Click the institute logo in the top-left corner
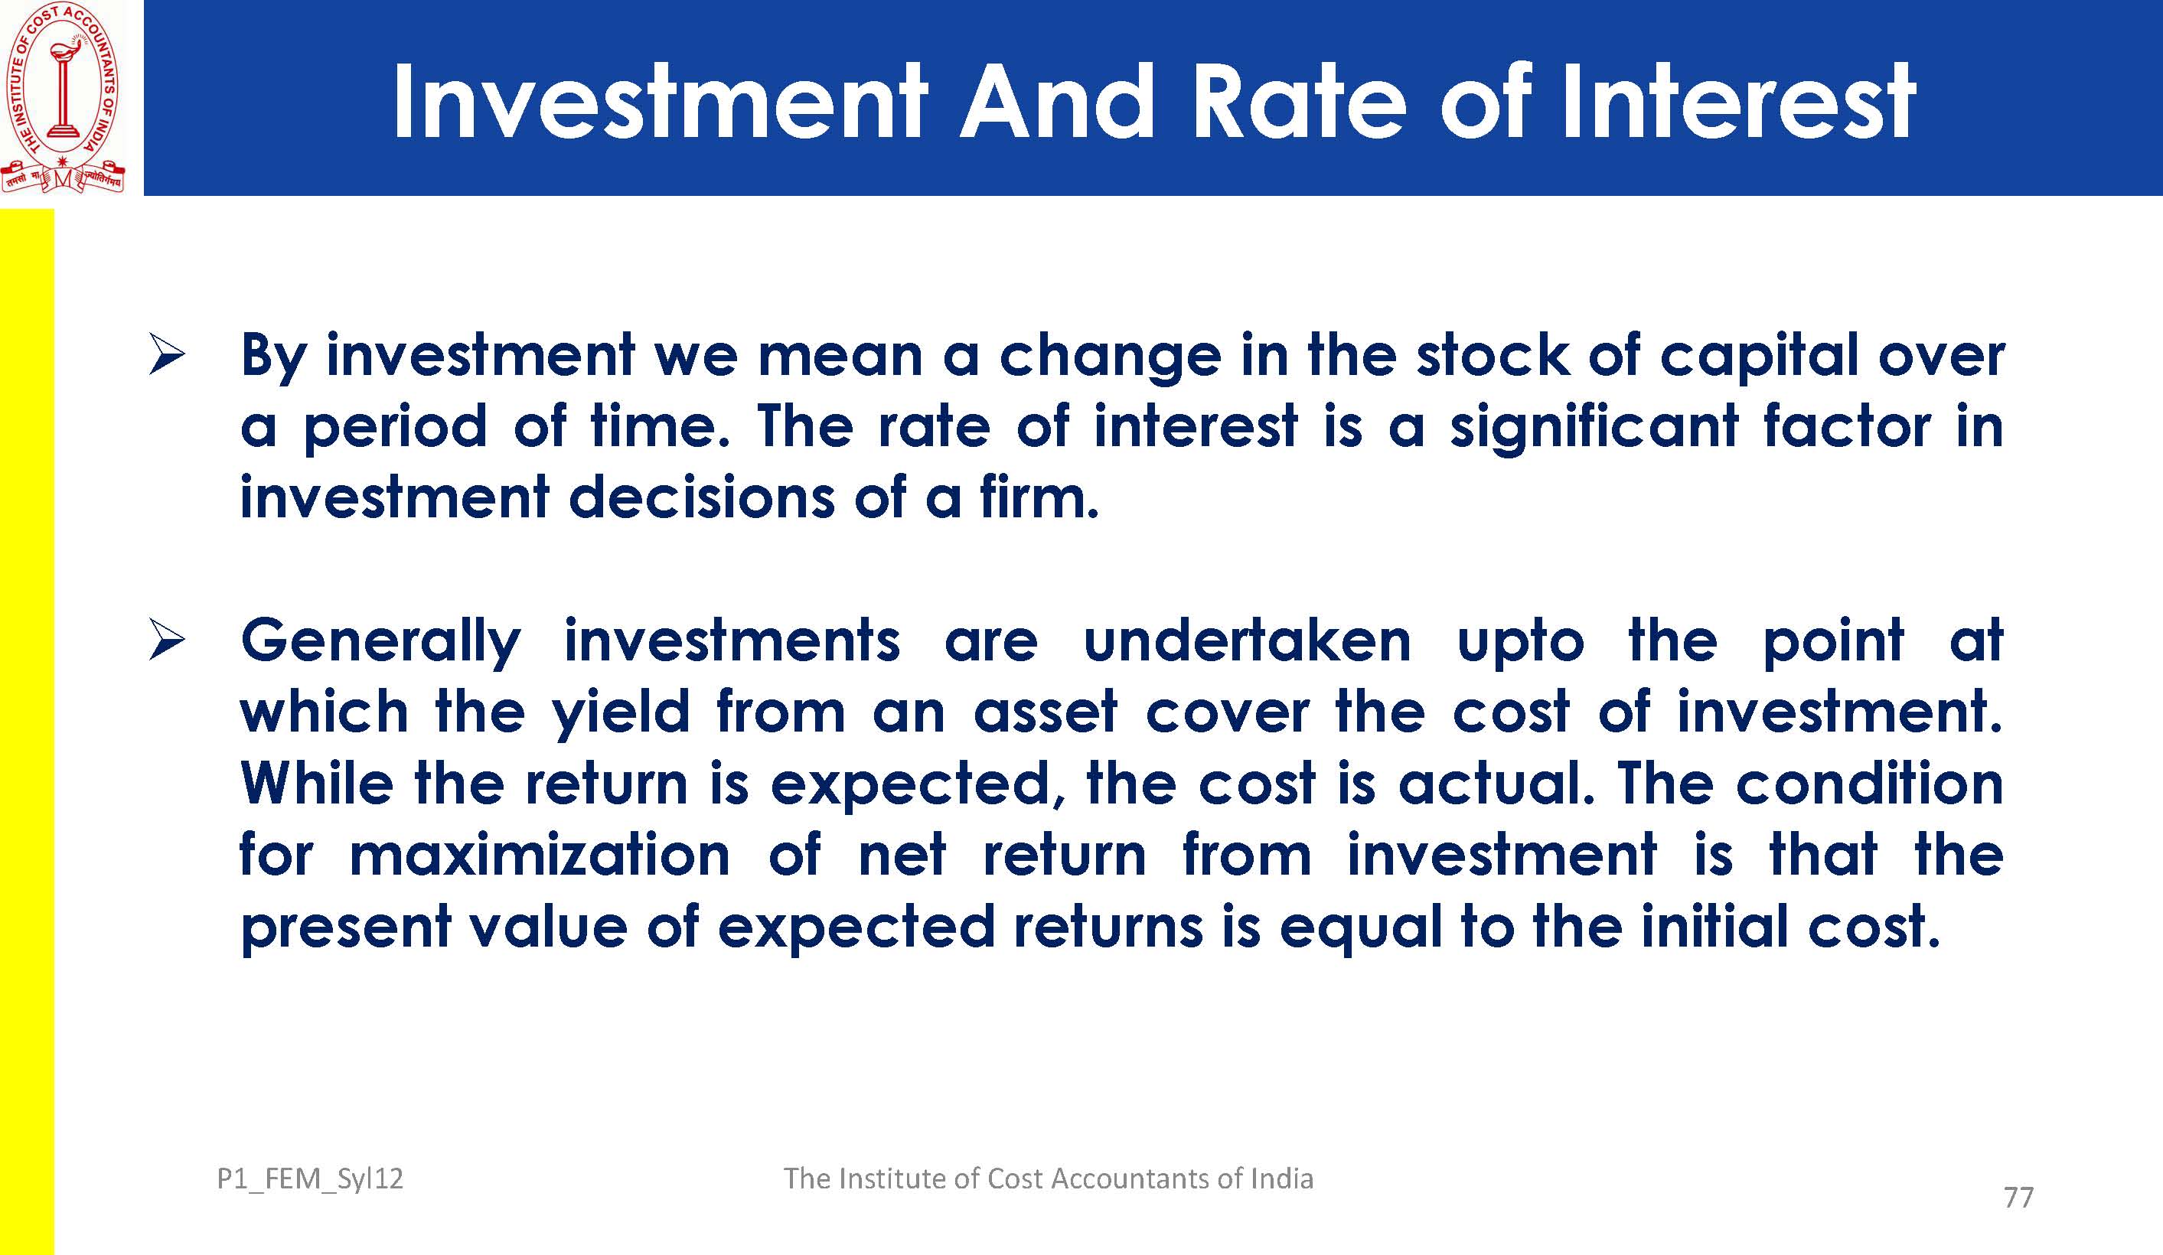[62, 97]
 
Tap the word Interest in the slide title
[1737, 100]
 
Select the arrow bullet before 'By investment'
[167, 355]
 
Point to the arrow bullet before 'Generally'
[167, 641]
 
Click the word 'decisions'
[700, 498]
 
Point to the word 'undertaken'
[1247, 641]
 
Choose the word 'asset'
[1046, 712]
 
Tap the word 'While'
[317, 783]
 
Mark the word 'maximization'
[540, 855]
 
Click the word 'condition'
[1869, 783]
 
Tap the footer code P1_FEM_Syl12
[310, 1178]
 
